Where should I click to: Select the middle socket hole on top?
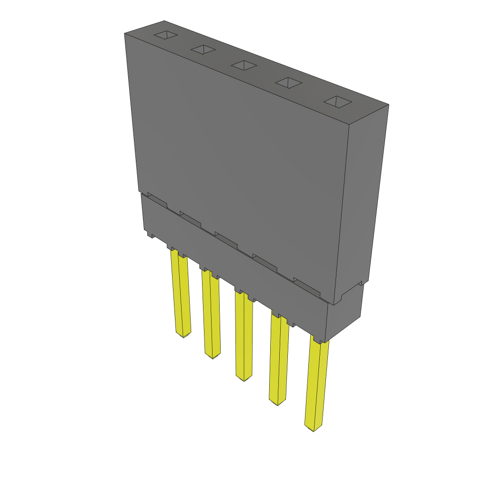[244, 65]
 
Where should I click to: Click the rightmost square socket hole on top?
[337, 102]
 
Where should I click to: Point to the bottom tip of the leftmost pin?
[183, 335]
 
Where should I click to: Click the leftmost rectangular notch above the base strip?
[157, 200]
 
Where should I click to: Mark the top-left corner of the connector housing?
[125, 33]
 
